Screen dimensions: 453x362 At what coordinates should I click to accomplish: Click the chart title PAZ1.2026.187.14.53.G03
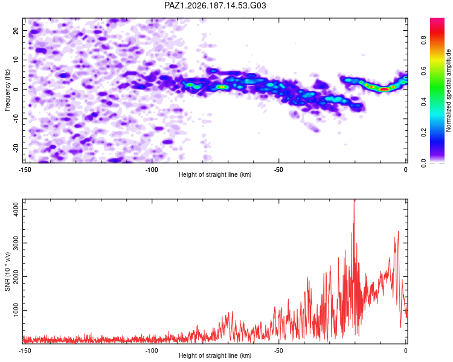(215, 5)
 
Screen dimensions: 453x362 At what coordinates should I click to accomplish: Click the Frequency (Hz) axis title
(7, 91)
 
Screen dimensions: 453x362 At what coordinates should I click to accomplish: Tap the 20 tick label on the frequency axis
(16, 30)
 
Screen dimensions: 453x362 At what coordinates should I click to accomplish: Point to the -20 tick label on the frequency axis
(16, 148)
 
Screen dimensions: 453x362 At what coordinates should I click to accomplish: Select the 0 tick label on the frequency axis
(16, 89)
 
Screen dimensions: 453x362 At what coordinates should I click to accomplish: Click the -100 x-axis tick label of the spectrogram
(152, 170)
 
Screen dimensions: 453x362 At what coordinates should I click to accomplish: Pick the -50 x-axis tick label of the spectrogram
(278, 170)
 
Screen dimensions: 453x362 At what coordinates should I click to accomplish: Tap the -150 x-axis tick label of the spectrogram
(25, 170)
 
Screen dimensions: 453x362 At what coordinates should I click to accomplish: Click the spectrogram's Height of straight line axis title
(215, 174)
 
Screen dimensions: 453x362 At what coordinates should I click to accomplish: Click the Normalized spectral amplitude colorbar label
(448, 91)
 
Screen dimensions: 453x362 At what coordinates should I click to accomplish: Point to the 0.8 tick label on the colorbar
(423, 40)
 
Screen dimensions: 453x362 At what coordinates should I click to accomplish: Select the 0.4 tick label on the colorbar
(423, 101)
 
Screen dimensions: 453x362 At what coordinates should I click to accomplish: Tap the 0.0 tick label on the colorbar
(423, 163)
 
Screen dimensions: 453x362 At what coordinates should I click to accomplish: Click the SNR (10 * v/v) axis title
(7, 271)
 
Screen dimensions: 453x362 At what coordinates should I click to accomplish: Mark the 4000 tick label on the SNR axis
(16, 209)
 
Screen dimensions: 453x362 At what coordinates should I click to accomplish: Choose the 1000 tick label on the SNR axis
(16, 310)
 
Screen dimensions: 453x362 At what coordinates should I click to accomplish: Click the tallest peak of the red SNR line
(354, 200)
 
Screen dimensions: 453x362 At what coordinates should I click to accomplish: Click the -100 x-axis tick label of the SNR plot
(152, 351)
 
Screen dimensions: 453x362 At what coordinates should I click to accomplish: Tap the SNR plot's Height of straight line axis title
(215, 355)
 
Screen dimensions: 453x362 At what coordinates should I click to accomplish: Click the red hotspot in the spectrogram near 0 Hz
(384, 89)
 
